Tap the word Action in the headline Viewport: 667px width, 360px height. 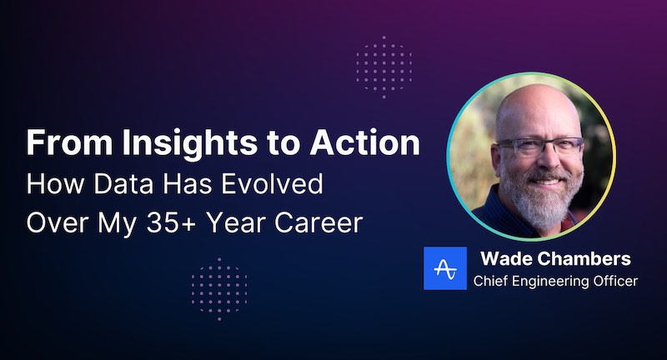click(368, 143)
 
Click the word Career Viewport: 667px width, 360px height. click(314, 223)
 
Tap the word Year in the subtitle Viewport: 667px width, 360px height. click(243, 223)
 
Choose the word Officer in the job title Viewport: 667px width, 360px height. click(616, 281)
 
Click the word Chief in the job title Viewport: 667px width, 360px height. click(491, 281)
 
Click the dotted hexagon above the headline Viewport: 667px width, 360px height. click(384, 63)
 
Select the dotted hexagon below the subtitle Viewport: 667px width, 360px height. click(218, 288)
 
